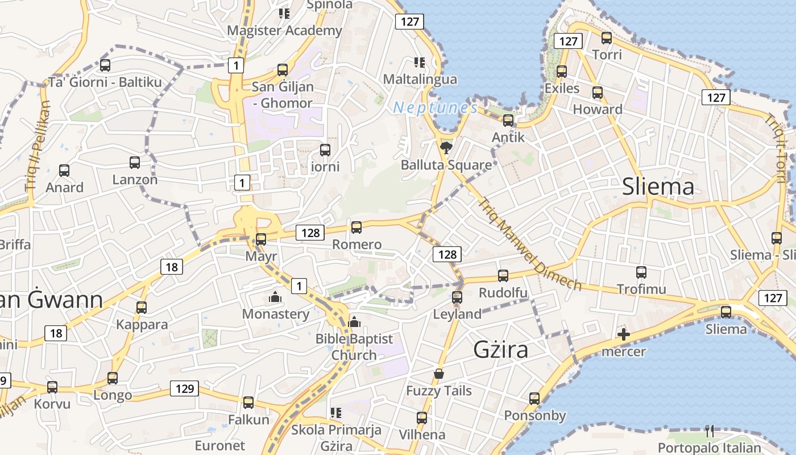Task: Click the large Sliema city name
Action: [x=658, y=187]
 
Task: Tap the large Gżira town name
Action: [x=500, y=349]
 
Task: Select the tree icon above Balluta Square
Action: [x=446, y=148]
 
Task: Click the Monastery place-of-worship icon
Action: [x=275, y=297]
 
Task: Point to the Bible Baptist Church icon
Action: [x=354, y=322]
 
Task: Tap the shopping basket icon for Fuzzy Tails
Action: [x=439, y=374]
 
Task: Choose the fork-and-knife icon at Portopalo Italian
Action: [x=709, y=431]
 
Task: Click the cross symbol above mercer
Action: [x=624, y=334]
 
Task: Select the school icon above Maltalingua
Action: [x=420, y=62]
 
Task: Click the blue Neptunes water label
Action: [x=436, y=107]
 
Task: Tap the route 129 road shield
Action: [x=184, y=389]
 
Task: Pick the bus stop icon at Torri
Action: [x=607, y=38]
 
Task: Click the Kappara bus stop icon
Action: [x=141, y=308]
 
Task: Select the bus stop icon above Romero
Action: [x=356, y=227]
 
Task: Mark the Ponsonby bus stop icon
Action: [x=534, y=399]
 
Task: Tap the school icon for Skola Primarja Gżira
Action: [x=336, y=412]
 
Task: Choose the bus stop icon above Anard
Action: [x=64, y=170]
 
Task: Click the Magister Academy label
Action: [x=285, y=30]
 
